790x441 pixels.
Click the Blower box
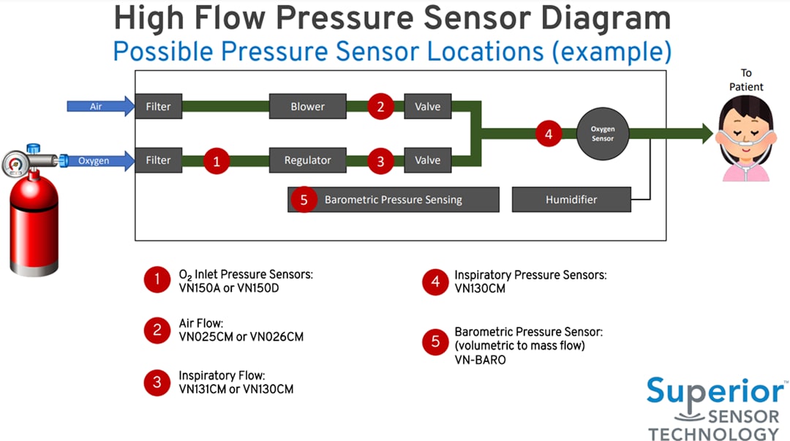click(x=307, y=107)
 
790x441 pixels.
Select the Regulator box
click(x=307, y=160)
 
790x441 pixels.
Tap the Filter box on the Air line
click(x=158, y=107)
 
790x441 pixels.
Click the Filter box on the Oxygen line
click(x=158, y=160)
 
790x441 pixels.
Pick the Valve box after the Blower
click(x=428, y=107)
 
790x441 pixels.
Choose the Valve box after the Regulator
click(x=428, y=160)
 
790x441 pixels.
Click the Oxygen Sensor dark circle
click(x=602, y=134)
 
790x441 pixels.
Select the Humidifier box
click(x=571, y=200)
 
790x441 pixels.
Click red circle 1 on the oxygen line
click(x=216, y=160)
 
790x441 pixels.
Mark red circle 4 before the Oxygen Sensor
click(x=549, y=134)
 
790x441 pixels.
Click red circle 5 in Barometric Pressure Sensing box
click(x=304, y=200)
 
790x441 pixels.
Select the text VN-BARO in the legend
click(x=480, y=361)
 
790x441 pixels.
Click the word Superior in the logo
click(x=714, y=392)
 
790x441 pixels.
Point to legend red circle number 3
click(x=157, y=382)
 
